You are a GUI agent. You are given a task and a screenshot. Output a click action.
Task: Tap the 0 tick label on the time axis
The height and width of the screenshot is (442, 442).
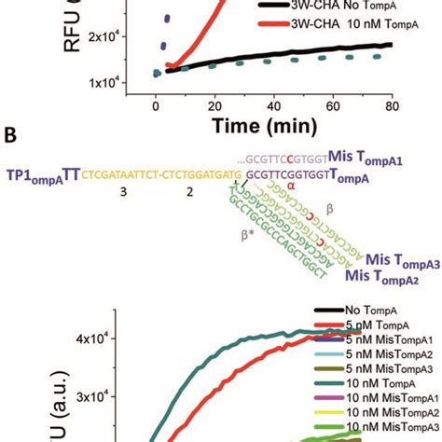coord(156,106)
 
